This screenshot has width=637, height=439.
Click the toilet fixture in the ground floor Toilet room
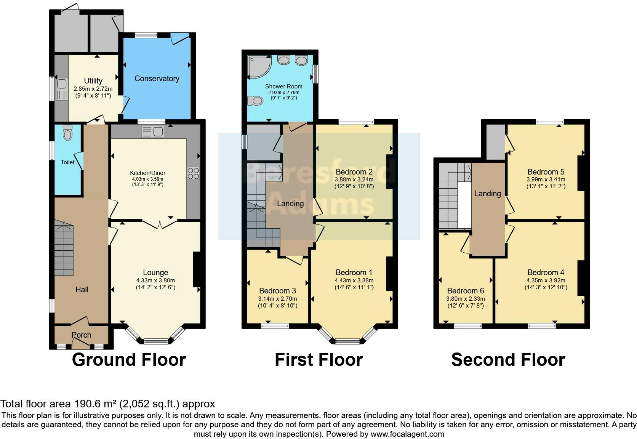[67, 133]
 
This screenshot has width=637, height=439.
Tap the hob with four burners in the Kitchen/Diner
[193, 173]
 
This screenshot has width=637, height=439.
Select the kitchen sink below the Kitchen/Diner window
[152, 132]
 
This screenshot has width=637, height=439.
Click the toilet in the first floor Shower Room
[255, 101]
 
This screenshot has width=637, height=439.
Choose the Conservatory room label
[157, 79]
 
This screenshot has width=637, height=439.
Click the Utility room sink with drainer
[62, 90]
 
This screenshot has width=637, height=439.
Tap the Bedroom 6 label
[466, 291]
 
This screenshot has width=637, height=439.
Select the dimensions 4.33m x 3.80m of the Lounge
[155, 280]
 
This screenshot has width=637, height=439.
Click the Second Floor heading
[508, 360]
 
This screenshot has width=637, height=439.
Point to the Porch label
[82, 335]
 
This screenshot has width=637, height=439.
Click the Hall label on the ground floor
[82, 290]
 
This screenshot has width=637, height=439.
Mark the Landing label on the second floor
[487, 194]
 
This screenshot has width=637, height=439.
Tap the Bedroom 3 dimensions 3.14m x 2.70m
[278, 299]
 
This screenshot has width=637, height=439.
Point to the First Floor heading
[318, 360]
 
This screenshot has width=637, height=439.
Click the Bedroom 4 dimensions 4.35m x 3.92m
[546, 280]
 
